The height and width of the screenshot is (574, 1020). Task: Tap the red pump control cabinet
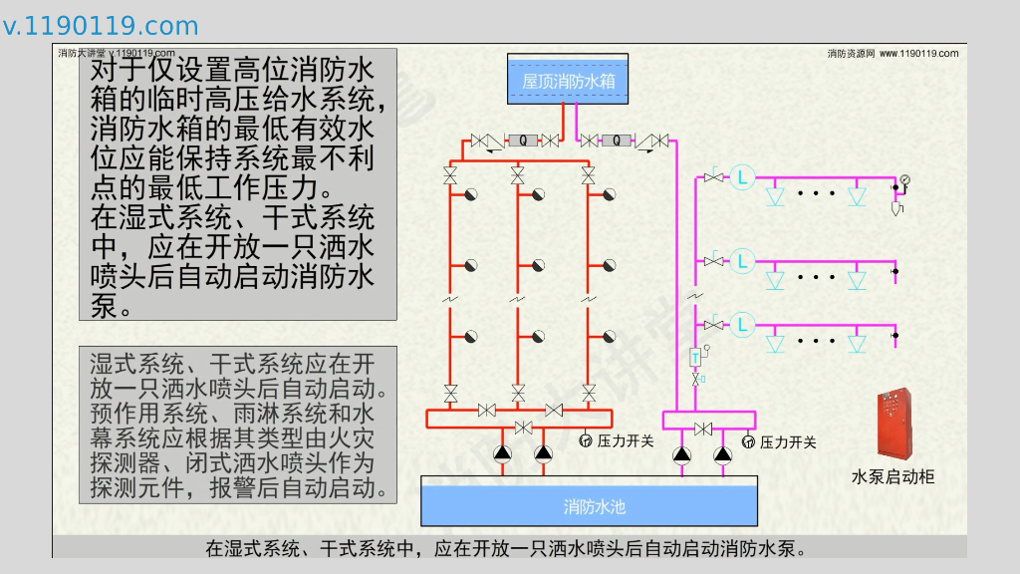coord(892,424)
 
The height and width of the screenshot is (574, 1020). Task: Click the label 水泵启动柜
coord(892,477)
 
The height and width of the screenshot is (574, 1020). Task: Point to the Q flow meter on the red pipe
coord(523,141)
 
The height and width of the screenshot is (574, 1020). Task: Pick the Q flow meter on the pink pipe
coord(617,141)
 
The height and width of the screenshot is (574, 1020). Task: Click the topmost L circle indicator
coord(742,177)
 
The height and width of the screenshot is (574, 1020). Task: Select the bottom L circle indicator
coord(742,324)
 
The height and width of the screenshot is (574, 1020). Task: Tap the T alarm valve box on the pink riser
coord(695,356)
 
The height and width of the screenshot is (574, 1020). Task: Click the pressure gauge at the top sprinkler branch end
coord(905,180)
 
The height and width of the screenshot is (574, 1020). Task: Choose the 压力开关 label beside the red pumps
coord(625,440)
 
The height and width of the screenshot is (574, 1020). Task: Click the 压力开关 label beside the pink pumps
coord(788,441)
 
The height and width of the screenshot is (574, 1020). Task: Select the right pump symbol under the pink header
coord(723,454)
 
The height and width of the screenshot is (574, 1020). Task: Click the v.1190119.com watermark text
coord(100,26)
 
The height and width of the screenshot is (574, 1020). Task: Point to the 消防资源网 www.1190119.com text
coord(892,53)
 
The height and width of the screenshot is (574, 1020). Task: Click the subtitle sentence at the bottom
coord(505,548)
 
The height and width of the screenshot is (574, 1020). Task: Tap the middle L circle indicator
coord(742,261)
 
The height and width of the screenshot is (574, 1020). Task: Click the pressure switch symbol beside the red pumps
coord(586,440)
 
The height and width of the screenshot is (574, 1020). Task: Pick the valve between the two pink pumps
coord(702,429)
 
